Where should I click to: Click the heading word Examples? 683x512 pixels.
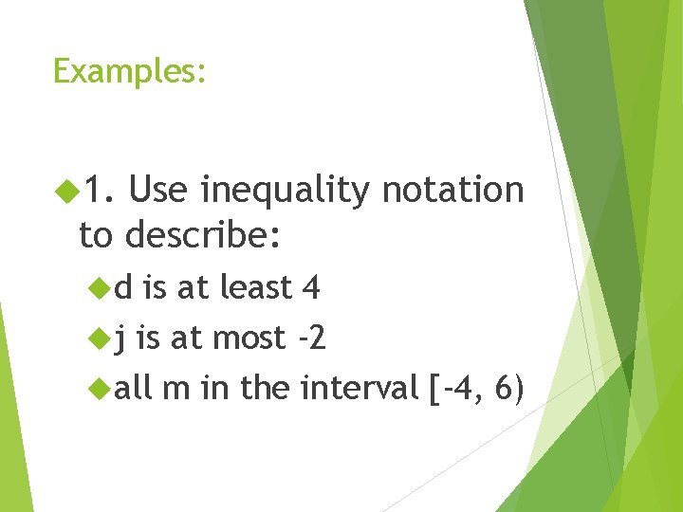click(x=129, y=71)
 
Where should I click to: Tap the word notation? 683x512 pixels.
click(x=452, y=191)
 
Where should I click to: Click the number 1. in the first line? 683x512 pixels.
click(x=97, y=192)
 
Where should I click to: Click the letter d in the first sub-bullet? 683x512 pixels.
click(x=123, y=286)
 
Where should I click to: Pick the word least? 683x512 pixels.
click(x=256, y=286)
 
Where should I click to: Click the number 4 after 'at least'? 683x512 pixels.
click(x=309, y=286)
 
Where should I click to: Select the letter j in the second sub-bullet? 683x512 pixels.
click(x=120, y=338)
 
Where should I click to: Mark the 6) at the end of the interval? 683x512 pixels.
click(x=509, y=388)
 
